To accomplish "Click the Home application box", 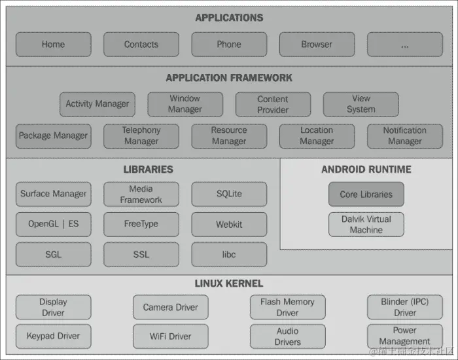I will click(x=53, y=45).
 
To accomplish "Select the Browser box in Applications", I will click(x=317, y=45).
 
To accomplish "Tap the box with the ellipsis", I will click(x=404, y=45).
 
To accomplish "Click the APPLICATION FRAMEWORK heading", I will click(x=229, y=78).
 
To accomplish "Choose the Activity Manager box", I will click(x=97, y=104).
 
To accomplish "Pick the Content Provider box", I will click(x=273, y=104).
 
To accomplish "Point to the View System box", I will click(x=361, y=104).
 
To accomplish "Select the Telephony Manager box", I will click(x=141, y=136).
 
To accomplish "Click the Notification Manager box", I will click(x=404, y=136).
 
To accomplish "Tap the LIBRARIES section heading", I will click(x=149, y=170).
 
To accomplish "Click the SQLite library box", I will click(x=229, y=194).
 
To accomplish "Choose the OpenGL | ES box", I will click(x=53, y=224).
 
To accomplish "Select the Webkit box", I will click(x=229, y=224).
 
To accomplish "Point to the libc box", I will click(x=229, y=254).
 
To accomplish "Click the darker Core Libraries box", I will click(x=366, y=194).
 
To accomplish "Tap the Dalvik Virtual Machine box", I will click(x=366, y=225).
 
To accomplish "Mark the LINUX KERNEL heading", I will click(x=229, y=283).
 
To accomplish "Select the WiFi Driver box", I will click(x=170, y=336).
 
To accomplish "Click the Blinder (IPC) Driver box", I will click(x=404, y=307).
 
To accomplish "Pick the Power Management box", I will click(x=404, y=336).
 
